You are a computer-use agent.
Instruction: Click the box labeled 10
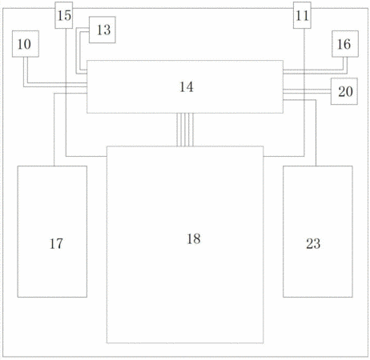[26, 44]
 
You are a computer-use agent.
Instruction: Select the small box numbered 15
[64, 15]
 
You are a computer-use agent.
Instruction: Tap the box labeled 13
[103, 30]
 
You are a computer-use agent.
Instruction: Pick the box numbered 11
[302, 15]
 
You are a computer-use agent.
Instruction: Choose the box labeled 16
[345, 44]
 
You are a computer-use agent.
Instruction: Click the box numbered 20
[344, 91]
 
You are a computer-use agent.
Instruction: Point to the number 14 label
[186, 87]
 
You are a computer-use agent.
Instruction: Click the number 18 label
[194, 238]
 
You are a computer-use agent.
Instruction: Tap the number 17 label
[56, 244]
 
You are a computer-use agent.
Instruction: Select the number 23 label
[313, 244]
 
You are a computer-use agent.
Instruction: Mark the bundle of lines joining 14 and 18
[185, 130]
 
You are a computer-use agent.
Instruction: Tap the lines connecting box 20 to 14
[307, 91]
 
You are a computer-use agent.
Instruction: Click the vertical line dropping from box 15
[66, 92]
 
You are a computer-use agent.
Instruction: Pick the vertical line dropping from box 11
[304, 92]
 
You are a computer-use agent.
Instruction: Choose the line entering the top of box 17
[54, 130]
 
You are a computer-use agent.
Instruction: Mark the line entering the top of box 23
[316, 133]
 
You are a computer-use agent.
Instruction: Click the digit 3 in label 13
[107, 30]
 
